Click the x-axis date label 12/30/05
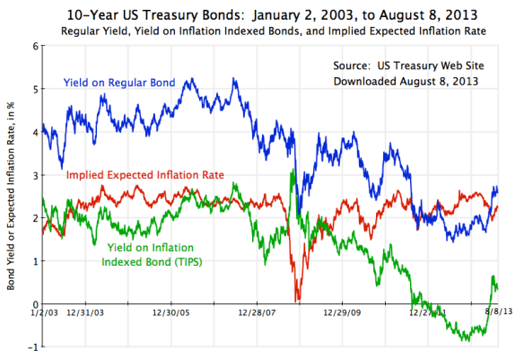[x=170, y=314]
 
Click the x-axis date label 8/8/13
[x=488, y=314]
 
